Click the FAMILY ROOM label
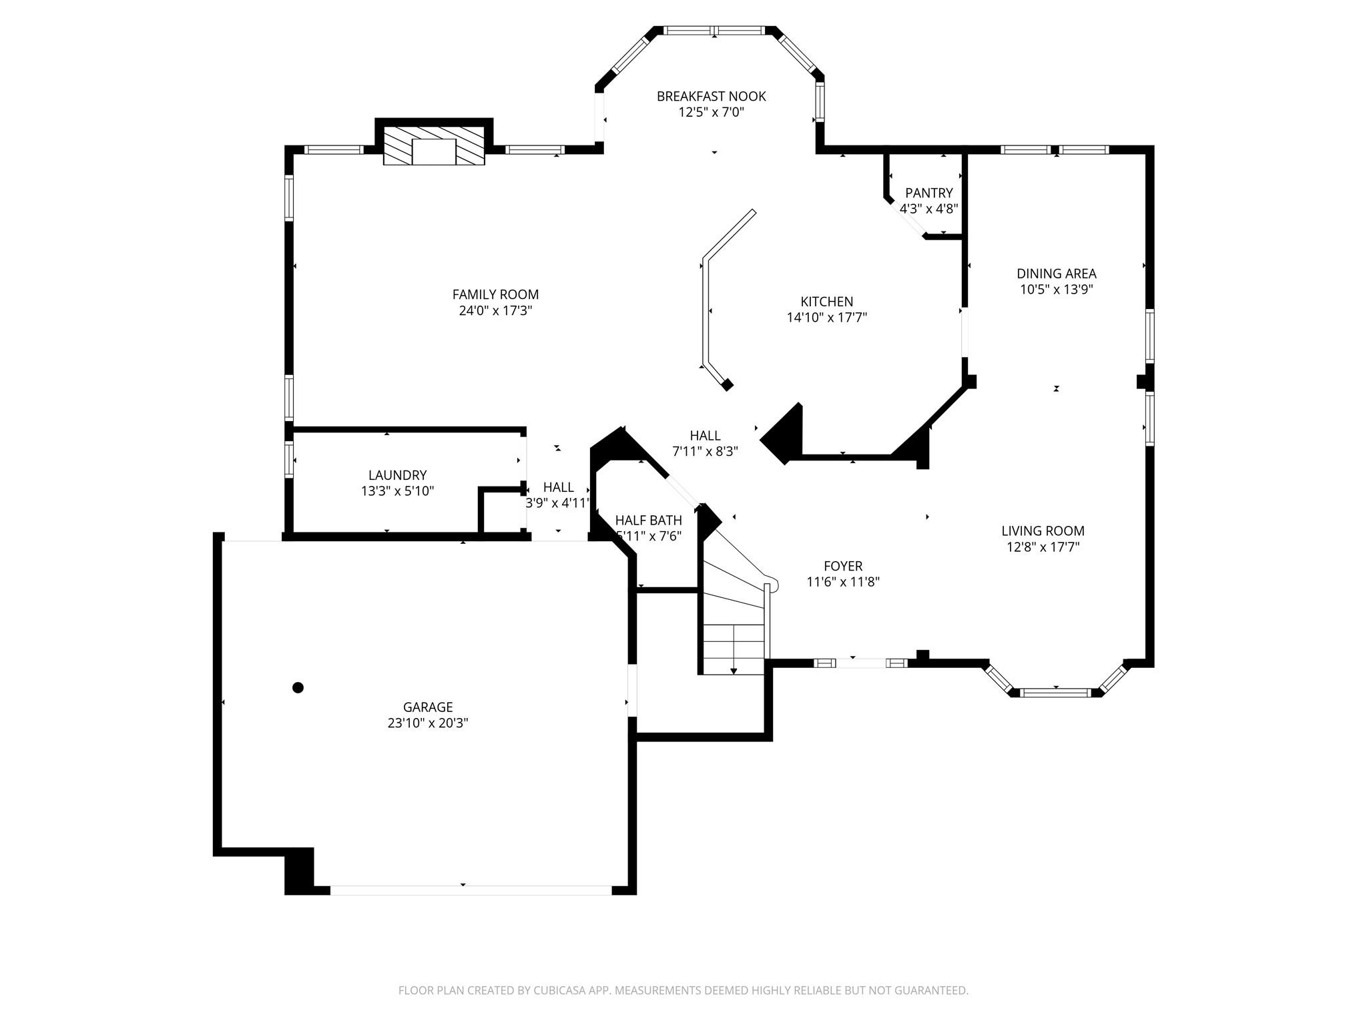click(495, 294)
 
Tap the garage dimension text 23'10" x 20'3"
click(428, 723)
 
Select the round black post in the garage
click(298, 687)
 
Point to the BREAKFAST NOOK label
click(711, 96)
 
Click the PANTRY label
click(928, 193)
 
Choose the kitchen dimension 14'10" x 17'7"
click(826, 318)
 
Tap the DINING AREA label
click(1056, 273)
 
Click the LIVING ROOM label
click(1043, 531)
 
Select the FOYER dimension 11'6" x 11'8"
click(843, 582)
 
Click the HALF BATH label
click(648, 520)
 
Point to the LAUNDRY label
click(397, 475)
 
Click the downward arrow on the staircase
click(734, 669)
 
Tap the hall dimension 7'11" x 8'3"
click(705, 451)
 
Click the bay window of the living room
click(1056, 693)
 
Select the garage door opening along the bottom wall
click(471, 890)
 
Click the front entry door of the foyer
click(860, 663)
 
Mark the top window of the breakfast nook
click(714, 31)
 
